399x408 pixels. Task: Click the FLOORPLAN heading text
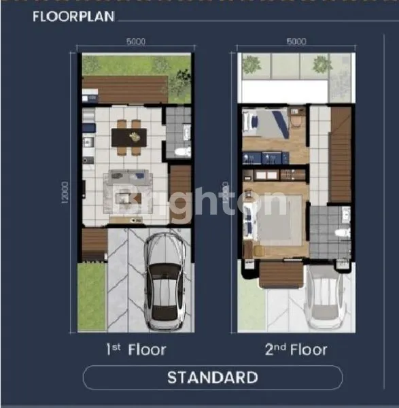pos(74,16)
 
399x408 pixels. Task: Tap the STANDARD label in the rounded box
pos(212,377)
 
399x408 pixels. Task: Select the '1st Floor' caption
pos(135,350)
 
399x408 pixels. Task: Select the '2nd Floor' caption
pos(296,350)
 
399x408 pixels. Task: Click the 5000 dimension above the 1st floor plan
pos(135,41)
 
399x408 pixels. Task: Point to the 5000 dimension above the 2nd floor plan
pos(296,41)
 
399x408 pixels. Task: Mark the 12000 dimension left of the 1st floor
pos(68,194)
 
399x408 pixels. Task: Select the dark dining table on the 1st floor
pos(128,138)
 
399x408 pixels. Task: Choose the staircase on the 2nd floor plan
pos(340,156)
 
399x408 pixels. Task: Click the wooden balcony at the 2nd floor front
pos(280,274)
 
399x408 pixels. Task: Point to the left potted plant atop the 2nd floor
pos(252,65)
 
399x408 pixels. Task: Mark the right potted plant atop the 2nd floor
pos(322,65)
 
